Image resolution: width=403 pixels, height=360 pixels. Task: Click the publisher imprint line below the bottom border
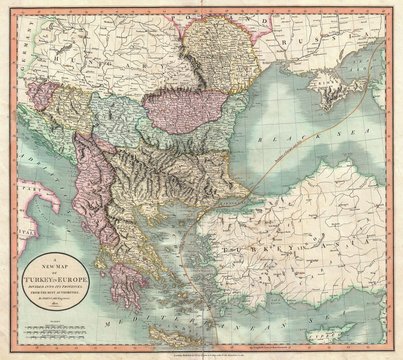(x=201, y=353)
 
